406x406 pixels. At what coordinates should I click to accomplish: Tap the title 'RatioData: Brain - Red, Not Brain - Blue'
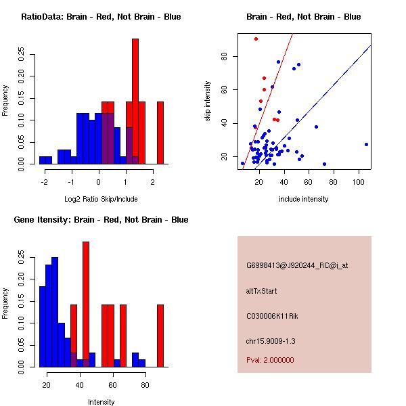point(101,16)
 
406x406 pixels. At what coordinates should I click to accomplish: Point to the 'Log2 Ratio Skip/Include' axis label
point(101,199)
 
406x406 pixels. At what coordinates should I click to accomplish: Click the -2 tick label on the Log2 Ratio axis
point(45,181)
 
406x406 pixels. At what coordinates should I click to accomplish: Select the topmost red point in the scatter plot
point(256,39)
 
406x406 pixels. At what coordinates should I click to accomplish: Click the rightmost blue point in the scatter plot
point(366,144)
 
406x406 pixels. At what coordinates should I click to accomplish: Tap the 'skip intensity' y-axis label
point(208,101)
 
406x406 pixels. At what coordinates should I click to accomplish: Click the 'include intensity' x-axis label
point(303,199)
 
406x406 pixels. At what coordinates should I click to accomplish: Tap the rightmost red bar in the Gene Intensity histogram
point(160,335)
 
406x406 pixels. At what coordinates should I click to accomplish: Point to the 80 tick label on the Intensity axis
point(145,384)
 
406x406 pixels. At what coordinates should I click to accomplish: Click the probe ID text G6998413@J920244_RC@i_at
point(297,266)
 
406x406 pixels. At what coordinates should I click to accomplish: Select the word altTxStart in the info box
point(261,291)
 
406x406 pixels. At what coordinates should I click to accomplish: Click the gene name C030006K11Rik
point(271,315)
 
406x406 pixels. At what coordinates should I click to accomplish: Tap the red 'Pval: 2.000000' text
point(270,360)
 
